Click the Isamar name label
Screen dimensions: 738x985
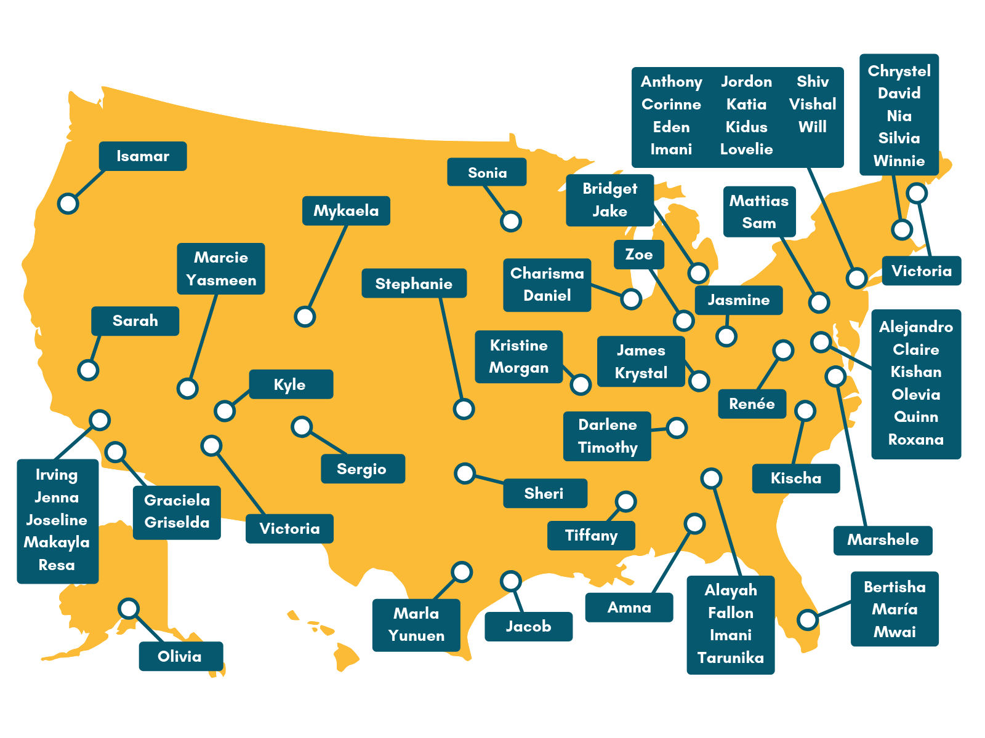143,156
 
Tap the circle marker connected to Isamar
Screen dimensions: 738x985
68,203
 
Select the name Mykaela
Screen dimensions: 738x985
346,211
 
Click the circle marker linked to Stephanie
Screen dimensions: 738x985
464,408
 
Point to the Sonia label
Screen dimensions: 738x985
487,173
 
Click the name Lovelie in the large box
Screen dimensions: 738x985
746,149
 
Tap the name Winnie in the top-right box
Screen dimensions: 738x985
899,161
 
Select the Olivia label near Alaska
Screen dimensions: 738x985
180,656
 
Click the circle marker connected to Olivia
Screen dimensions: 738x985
129,608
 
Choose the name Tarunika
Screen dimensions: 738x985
731,658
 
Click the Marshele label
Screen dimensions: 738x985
883,540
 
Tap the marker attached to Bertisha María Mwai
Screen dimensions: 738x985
808,619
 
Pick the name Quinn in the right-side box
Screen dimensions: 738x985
916,417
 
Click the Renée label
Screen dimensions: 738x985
752,404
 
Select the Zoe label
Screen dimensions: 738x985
639,255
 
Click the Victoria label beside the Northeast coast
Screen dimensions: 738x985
922,271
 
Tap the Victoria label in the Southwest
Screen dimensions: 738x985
289,529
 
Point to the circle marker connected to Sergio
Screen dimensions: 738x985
302,426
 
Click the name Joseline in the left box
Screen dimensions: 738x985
57,520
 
